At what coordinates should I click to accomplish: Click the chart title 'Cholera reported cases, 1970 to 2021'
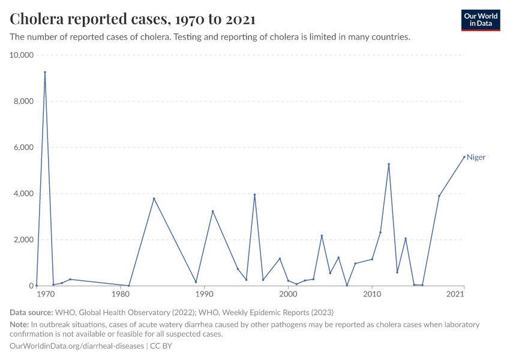[133, 19]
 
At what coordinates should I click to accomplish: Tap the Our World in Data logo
[480, 20]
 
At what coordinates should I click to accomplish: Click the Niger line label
[476, 157]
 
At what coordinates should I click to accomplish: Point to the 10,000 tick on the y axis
[22, 55]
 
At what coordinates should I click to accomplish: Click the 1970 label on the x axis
[45, 294]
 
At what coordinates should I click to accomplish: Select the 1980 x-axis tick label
[121, 294]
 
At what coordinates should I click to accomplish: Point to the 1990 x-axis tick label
[205, 294]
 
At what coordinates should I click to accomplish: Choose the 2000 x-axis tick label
[288, 294]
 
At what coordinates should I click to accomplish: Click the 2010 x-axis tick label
[372, 294]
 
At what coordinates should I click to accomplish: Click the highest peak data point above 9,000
[44, 72]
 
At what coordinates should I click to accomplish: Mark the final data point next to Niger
[464, 157]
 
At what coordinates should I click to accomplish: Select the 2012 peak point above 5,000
[389, 164]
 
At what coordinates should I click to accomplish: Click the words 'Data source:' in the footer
[31, 312]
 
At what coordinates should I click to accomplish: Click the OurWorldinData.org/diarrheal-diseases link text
[77, 346]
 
